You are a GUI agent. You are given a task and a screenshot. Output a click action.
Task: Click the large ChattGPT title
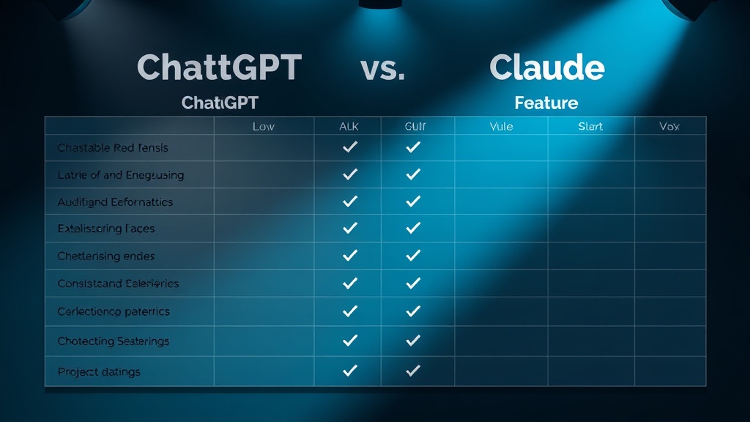pyautogui.click(x=219, y=67)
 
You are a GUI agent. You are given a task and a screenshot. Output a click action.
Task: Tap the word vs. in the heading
pyautogui.click(x=382, y=67)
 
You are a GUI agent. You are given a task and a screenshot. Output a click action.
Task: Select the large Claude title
pyautogui.click(x=546, y=67)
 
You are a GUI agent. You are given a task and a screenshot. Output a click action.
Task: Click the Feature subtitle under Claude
pyautogui.click(x=546, y=103)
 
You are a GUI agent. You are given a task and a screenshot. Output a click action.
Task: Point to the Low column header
pyautogui.click(x=263, y=127)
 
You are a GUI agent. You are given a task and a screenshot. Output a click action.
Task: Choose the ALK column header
pyautogui.click(x=349, y=127)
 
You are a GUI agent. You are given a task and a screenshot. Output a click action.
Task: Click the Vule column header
pyautogui.click(x=501, y=127)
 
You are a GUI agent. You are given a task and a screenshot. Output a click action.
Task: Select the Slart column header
pyautogui.click(x=590, y=127)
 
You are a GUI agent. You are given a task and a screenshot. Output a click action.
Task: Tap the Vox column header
pyautogui.click(x=669, y=127)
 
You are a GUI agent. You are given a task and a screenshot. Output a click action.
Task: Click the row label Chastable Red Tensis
pyautogui.click(x=113, y=148)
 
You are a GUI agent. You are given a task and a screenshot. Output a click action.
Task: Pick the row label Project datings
pyautogui.click(x=99, y=372)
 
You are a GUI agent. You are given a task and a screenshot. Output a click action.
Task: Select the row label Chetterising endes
pyautogui.click(x=106, y=256)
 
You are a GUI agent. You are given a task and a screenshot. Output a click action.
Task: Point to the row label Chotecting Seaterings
pyautogui.click(x=114, y=341)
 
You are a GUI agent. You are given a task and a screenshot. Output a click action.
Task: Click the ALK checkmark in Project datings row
pyautogui.click(x=350, y=371)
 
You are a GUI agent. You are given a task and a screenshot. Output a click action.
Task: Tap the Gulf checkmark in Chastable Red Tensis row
pyautogui.click(x=413, y=147)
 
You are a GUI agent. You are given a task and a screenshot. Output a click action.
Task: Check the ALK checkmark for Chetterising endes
pyautogui.click(x=350, y=256)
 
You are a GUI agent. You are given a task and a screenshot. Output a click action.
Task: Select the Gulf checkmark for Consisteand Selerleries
pyautogui.click(x=413, y=283)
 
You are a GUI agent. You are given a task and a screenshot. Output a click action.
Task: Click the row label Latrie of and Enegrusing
pyautogui.click(x=121, y=175)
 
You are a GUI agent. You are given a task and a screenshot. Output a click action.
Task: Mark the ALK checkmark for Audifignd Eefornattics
pyautogui.click(x=350, y=201)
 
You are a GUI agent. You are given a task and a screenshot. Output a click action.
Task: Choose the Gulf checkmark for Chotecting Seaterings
pyautogui.click(x=413, y=341)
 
